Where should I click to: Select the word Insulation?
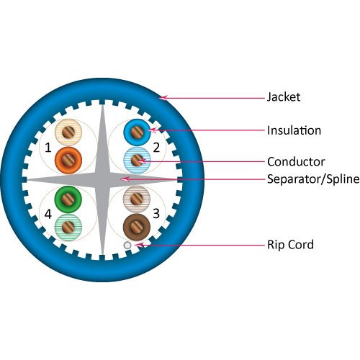pyautogui.click(x=294, y=130)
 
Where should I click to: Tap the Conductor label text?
pyautogui.click(x=295, y=161)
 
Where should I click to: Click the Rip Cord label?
pyautogui.click(x=290, y=245)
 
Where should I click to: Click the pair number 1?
pyautogui.click(x=48, y=149)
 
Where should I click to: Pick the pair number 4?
pyautogui.click(x=48, y=214)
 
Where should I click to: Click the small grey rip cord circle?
pyautogui.click(x=127, y=246)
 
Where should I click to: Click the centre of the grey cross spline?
pyautogui.click(x=102, y=179)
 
